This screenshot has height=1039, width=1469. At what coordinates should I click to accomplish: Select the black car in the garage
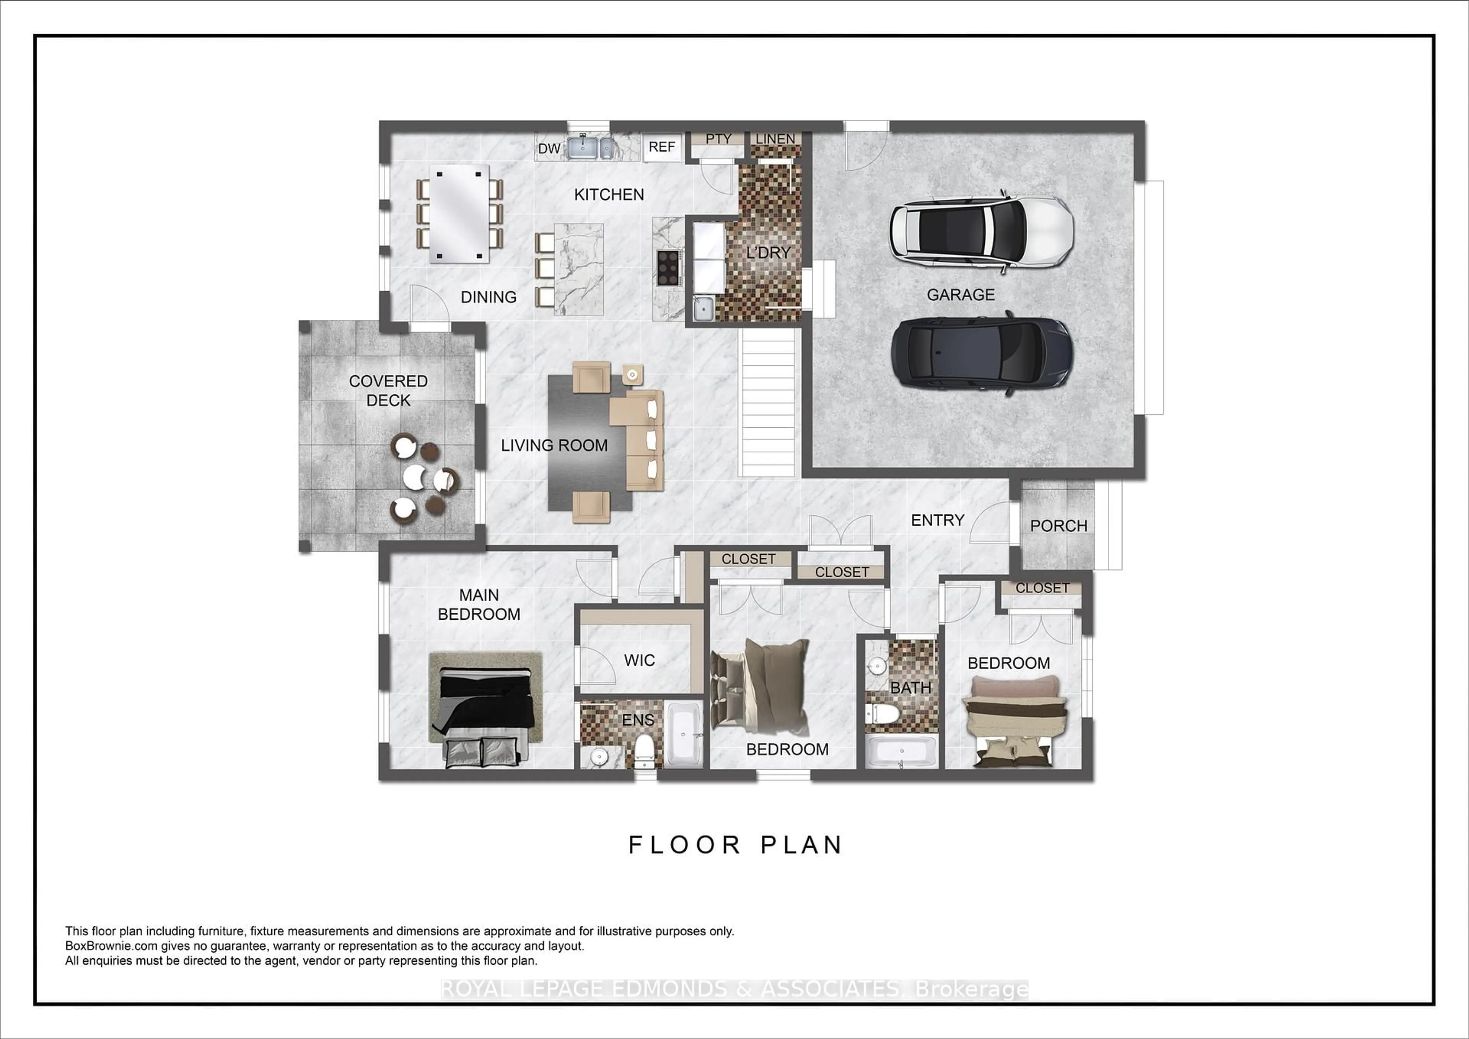pos(981,353)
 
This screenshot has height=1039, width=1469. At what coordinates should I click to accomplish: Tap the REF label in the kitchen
pos(661,147)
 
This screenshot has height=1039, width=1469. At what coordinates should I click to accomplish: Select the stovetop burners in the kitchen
pos(668,267)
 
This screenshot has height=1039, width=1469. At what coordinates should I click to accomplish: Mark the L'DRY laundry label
pos(769,253)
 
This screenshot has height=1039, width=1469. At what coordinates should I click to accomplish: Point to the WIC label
pos(639,660)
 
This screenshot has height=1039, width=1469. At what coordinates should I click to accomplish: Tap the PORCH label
pos(1058,526)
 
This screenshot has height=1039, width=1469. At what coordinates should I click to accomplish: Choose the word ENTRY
pos(937,520)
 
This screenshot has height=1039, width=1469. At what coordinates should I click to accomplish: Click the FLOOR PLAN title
pos(736,845)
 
